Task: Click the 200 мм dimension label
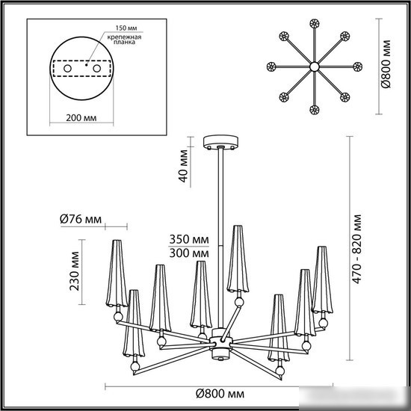[x=81, y=118]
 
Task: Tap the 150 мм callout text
[x=126, y=28]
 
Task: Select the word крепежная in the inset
[x=124, y=37]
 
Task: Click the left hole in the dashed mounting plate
[x=67, y=69]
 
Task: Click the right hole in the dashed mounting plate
[x=96, y=69]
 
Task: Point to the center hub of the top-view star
[x=315, y=67]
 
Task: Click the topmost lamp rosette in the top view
[x=315, y=24]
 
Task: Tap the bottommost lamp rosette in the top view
[x=315, y=110]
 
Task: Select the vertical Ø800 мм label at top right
[x=386, y=64]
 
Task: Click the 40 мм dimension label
[x=183, y=166]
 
